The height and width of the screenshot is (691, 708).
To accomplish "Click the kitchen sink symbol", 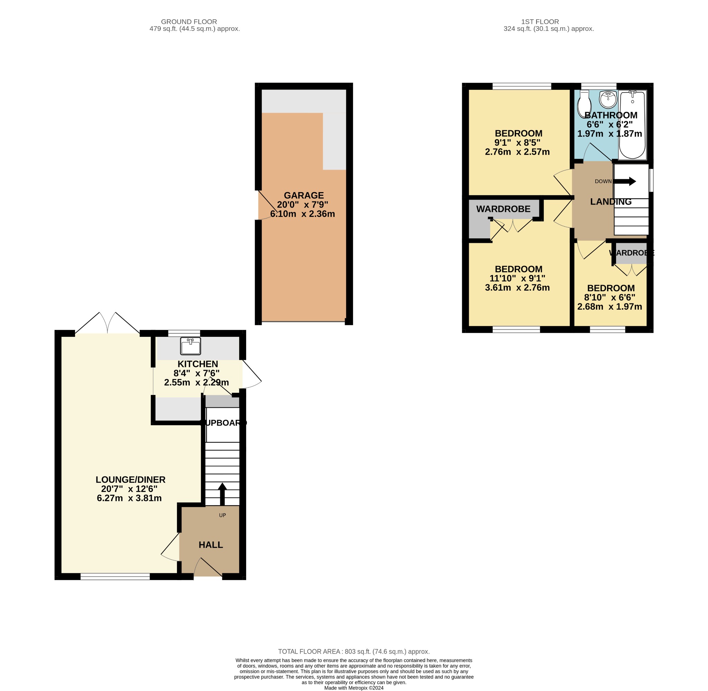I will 190,346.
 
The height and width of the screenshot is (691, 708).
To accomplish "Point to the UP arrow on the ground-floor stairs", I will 222,494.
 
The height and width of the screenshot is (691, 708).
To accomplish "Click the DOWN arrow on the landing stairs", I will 625,181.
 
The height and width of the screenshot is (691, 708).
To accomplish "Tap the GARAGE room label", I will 304,195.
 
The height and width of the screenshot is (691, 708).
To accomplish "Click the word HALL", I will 211,545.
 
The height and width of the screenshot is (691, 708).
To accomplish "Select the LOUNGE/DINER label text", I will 130,480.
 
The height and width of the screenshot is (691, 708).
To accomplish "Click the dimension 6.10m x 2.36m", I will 302,214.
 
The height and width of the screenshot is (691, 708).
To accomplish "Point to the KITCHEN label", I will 197,364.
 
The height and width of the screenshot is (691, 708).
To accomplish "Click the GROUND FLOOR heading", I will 189,22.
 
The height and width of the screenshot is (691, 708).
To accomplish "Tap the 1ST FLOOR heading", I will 540,22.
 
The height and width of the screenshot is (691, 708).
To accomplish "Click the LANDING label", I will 611,201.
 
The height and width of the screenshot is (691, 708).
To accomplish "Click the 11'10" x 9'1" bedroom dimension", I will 517,278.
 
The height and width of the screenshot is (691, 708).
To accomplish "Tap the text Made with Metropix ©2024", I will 354,688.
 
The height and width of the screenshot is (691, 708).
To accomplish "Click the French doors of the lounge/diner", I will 108,323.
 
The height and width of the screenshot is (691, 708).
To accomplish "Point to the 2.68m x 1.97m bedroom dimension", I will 609,306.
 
